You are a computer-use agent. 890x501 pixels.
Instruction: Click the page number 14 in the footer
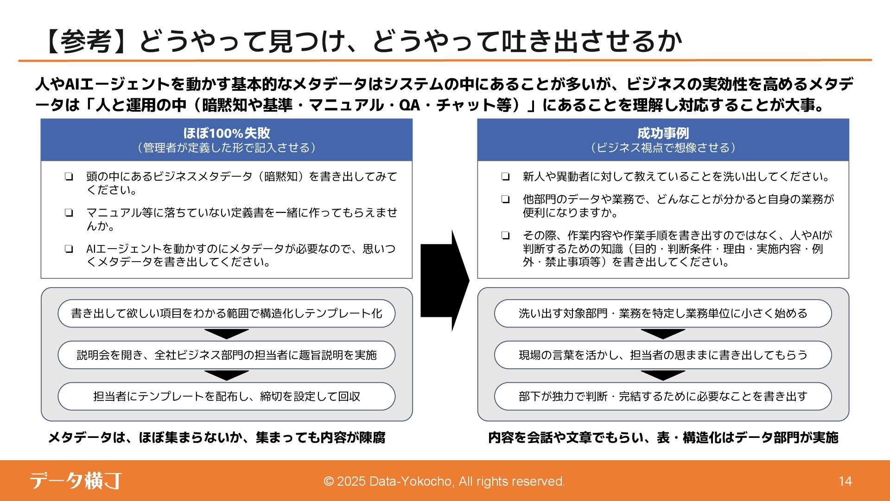(845, 481)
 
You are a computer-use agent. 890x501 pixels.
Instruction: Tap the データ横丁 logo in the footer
(76, 481)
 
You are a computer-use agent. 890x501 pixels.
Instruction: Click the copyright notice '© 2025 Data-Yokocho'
(444, 482)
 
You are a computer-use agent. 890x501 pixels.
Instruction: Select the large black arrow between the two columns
(445, 280)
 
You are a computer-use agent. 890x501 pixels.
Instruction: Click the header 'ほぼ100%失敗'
(226, 133)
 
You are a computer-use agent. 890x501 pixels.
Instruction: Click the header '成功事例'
(663, 133)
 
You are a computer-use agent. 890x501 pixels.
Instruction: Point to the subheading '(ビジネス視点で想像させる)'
(663, 148)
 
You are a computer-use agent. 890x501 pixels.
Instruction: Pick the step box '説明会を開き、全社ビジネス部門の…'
(226, 355)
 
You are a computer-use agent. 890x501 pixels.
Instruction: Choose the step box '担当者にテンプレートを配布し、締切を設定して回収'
(226, 396)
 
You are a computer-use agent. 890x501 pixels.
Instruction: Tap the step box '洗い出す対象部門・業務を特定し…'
(663, 314)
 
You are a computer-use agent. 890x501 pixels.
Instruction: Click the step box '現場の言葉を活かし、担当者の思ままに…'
(663, 355)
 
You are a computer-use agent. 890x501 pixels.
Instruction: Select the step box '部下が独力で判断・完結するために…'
(663, 396)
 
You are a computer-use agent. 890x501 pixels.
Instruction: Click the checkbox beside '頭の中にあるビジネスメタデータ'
(69, 177)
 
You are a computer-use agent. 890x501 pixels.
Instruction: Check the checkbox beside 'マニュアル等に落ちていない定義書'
(69, 213)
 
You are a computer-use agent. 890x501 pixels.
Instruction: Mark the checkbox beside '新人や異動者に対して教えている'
(505, 177)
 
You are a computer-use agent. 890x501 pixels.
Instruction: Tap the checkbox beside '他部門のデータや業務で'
(505, 199)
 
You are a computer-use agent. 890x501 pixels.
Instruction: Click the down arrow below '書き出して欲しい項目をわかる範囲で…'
(226, 334)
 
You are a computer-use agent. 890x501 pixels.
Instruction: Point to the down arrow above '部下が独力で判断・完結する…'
(663, 375)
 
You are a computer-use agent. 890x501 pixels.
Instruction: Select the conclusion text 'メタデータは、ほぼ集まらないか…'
(217, 437)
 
